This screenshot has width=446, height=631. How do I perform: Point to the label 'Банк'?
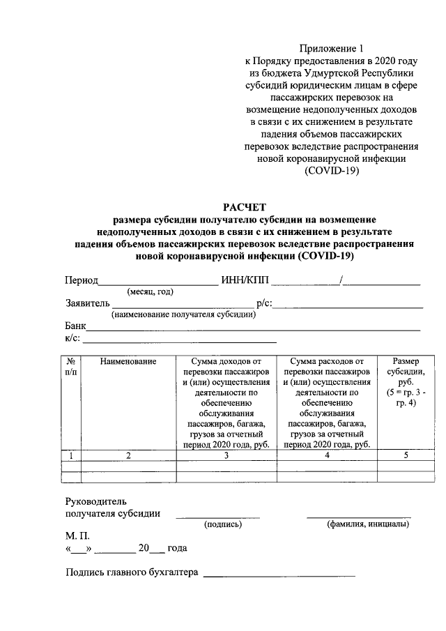(x=75, y=326)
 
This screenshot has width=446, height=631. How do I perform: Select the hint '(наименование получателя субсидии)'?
(x=183, y=314)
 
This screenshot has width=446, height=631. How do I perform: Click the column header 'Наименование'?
(x=128, y=361)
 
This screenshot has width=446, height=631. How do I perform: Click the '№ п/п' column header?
(x=71, y=367)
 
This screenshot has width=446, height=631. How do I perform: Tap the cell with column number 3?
(x=226, y=456)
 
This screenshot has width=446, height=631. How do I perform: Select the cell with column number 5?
(x=406, y=456)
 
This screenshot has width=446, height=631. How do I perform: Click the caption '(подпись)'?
(x=222, y=524)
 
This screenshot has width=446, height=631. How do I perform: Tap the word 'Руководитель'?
(x=96, y=501)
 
